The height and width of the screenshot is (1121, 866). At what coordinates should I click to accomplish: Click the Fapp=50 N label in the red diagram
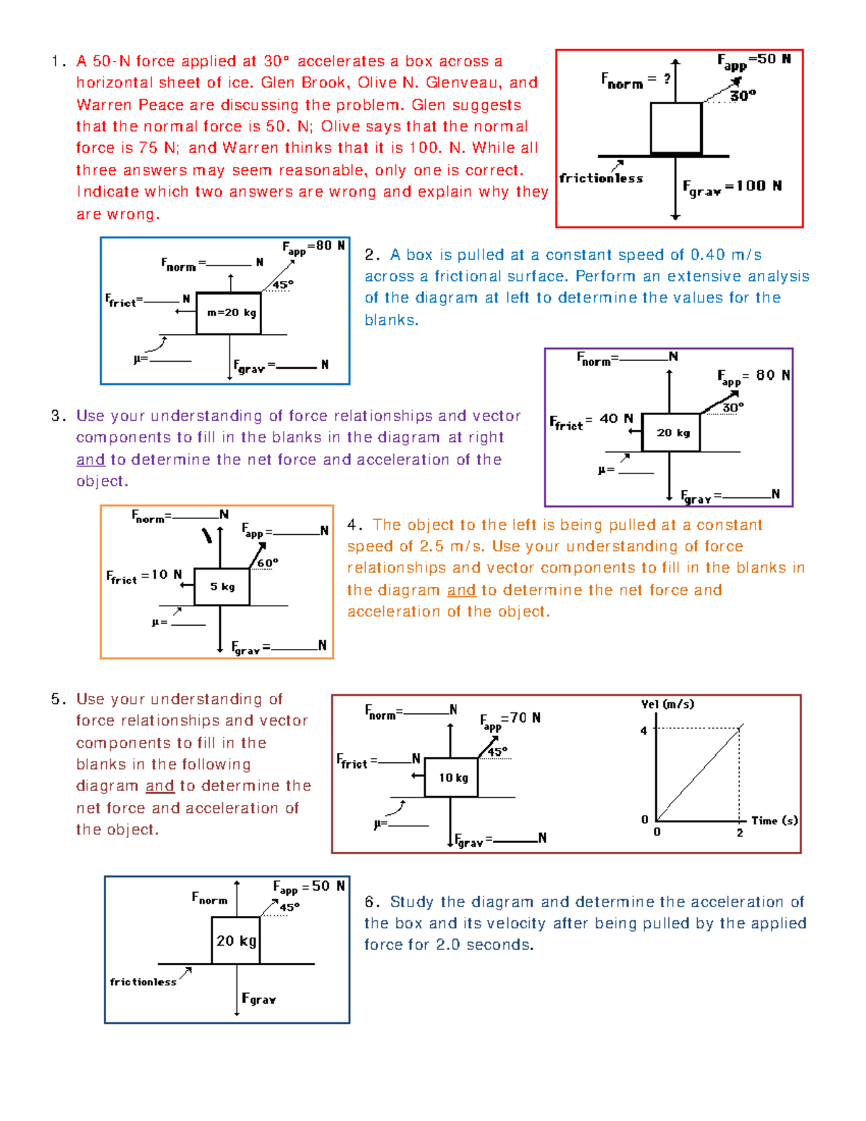[x=753, y=61]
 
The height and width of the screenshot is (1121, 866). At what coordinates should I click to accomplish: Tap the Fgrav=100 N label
[x=732, y=187]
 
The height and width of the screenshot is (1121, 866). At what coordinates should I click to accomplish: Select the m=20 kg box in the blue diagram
[x=229, y=313]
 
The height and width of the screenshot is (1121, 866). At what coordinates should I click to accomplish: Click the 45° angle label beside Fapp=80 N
[x=282, y=285]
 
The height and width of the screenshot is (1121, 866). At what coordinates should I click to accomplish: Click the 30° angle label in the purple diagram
[x=732, y=408]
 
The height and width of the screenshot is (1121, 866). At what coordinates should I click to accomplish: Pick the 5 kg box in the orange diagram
[x=222, y=587]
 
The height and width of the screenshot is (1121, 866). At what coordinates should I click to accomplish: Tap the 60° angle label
[x=267, y=563]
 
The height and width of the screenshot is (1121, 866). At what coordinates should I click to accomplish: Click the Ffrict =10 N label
[x=144, y=576]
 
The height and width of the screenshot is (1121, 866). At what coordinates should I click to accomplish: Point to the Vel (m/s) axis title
[x=668, y=704]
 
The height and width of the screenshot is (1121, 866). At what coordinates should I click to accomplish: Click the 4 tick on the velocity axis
[x=644, y=730]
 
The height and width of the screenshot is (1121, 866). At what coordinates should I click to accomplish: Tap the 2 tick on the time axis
[x=740, y=833]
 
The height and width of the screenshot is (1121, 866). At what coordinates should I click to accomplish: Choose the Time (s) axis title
[x=774, y=821]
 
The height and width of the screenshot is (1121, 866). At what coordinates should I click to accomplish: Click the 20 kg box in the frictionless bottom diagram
[x=236, y=941]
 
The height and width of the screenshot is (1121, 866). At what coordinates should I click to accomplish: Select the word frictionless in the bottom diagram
[x=143, y=982]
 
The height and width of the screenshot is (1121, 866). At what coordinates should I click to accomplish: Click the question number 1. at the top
[x=58, y=61]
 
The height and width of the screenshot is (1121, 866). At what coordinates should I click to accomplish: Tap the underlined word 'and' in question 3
[x=91, y=460]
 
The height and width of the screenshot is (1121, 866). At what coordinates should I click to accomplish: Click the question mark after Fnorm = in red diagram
[x=667, y=78]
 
